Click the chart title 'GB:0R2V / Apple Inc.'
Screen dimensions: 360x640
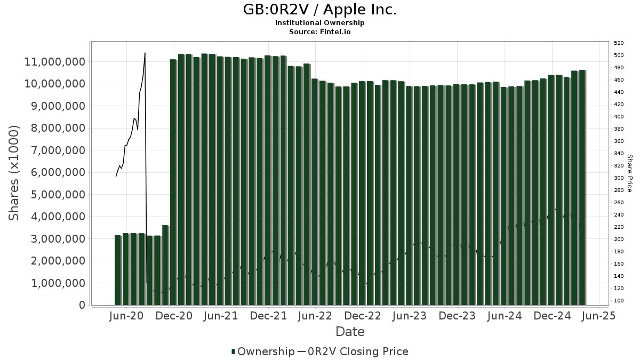click(320, 10)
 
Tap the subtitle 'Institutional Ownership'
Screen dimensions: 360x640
click(320, 23)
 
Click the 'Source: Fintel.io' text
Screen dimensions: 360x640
click(320, 32)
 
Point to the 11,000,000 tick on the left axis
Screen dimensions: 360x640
click(55, 62)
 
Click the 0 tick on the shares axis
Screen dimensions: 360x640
click(82, 305)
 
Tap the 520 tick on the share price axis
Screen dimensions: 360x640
click(619, 43)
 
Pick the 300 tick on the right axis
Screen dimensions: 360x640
click(619, 178)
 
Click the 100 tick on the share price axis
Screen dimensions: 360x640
click(619, 301)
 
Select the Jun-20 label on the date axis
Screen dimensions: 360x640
click(126, 316)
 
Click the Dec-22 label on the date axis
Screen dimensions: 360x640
click(363, 316)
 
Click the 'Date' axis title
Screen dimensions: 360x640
click(350, 332)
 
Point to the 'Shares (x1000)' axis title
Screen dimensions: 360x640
click(14, 173)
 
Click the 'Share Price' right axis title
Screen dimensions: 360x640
click(629, 173)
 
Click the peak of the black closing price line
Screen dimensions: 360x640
click(145, 53)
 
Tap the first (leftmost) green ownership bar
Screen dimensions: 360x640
click(117, 270)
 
